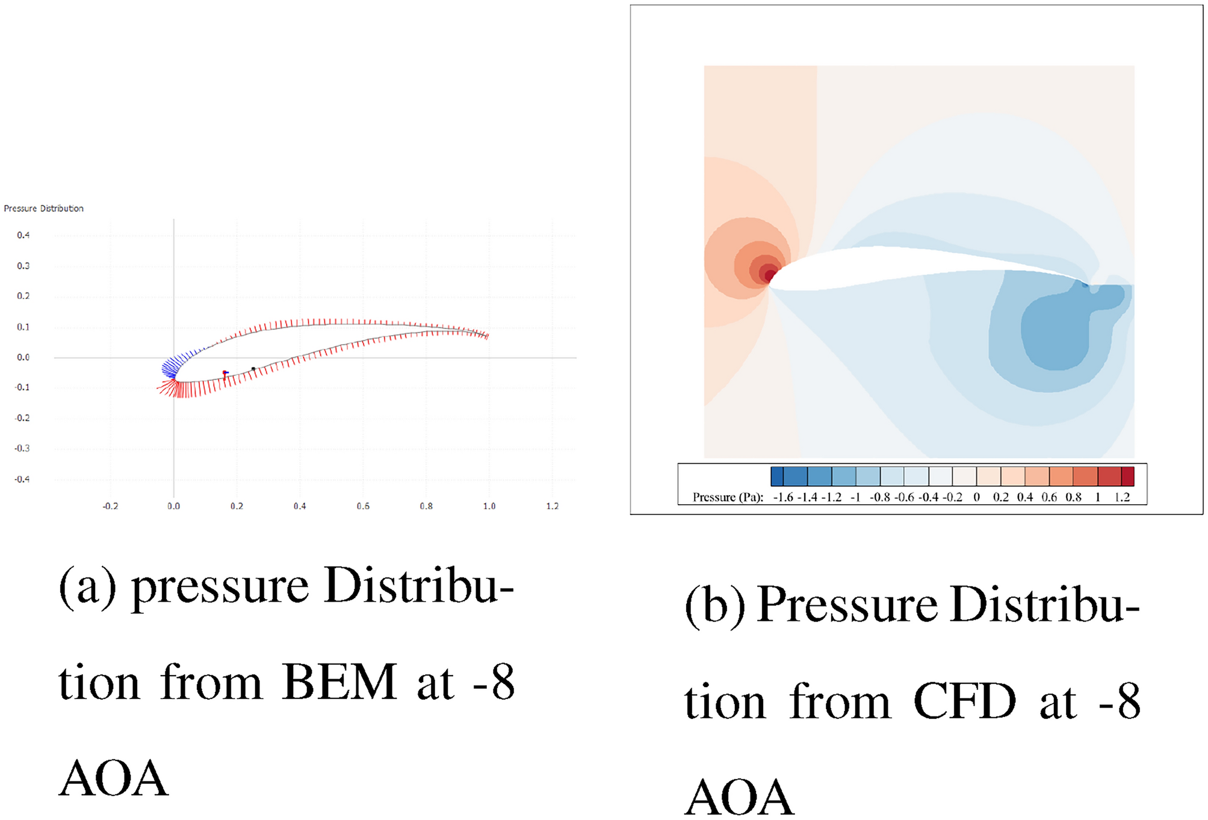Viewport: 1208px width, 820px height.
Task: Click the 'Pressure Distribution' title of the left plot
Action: coord(43,208)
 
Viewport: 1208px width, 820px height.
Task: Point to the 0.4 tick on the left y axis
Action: coord(23,235)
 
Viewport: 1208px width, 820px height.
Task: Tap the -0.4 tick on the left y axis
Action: coord(22,479)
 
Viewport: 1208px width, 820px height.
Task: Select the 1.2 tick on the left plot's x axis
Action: coord(552,507)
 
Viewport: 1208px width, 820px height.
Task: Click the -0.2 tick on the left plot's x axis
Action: coord(110,507)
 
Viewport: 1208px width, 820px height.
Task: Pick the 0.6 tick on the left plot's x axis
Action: coord(362,507)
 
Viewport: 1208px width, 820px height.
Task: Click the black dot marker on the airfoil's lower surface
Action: coord(253,369)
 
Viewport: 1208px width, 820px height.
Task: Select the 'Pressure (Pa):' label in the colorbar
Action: coord(728,498)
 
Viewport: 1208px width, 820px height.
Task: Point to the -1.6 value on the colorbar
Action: coord(783,498)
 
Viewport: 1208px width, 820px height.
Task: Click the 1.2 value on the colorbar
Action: coord(1122,498)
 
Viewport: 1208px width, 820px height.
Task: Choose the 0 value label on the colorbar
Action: coord(976,498)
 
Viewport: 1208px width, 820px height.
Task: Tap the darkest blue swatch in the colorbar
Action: coord(777,476)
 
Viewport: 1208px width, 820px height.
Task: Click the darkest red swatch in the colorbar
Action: coord(1127,476)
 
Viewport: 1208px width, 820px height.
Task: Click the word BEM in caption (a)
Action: coord(339,683)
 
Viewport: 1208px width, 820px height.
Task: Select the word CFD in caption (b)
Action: coord(964,701)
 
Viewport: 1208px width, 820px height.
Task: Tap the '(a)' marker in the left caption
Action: coord(87,587)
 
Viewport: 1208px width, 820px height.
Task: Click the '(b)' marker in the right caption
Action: coord(714,605)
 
